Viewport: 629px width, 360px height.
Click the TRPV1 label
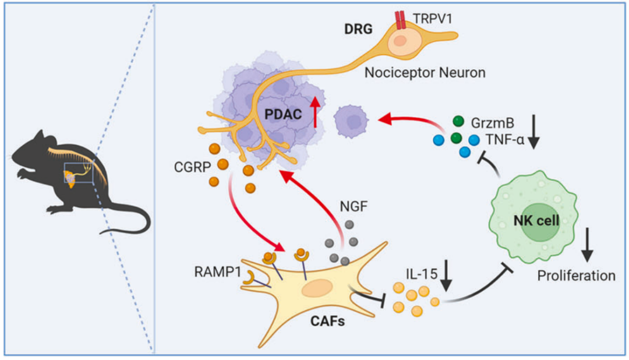click(428, 17)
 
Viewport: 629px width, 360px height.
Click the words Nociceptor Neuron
click(424, 74)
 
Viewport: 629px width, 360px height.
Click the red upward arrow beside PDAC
click(314, 112)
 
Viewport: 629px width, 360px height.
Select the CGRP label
click(188, 168)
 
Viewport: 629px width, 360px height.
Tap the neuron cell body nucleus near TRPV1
click(401, 41)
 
